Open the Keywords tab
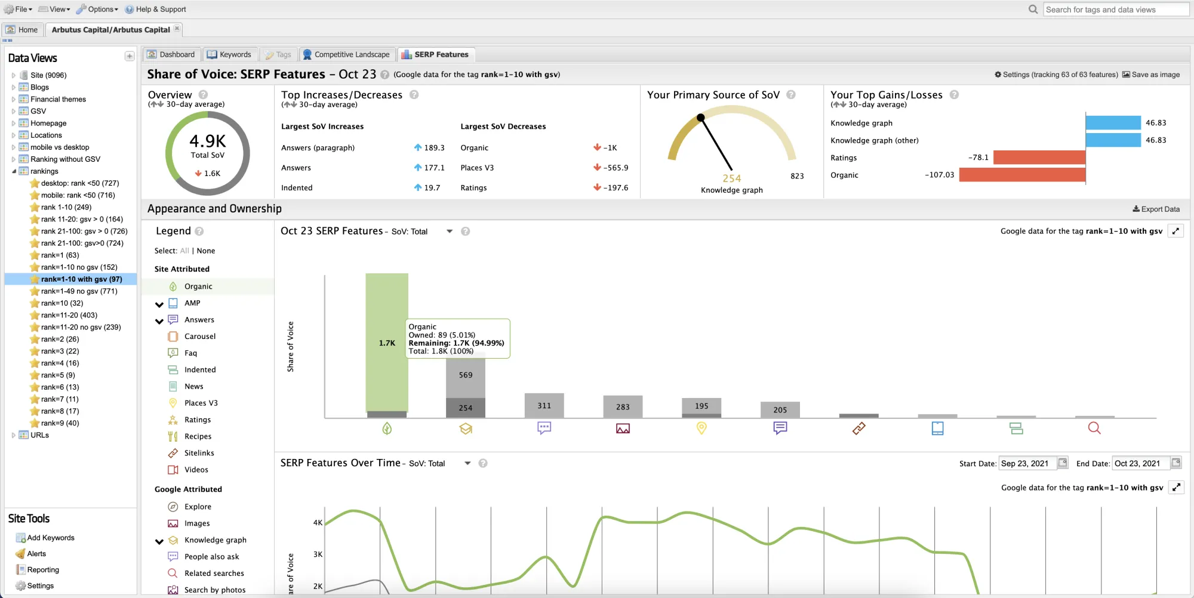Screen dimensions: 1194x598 [x=229, y=54]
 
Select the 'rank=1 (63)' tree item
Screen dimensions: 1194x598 [x=60, y=255]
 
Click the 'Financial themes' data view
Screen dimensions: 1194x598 [x=58, y=99]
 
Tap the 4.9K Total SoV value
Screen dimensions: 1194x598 [x=208, y=141]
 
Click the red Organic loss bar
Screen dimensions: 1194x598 [x=1022, y=175]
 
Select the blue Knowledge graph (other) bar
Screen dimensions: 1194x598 [x=1113, y=140]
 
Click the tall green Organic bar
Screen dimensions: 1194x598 [x=387, y=342]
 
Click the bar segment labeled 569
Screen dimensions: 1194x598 [x=466, y=375]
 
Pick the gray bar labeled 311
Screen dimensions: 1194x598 [x=544, y=405]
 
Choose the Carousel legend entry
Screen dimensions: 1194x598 [x=199, y=336]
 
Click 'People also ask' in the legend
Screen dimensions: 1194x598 [x=211, y=556]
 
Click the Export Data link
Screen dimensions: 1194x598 [x=1156, y=209]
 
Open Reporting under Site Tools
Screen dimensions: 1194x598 [x=42, y=570]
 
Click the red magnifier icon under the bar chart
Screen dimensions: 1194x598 [x=1094, y=428]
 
